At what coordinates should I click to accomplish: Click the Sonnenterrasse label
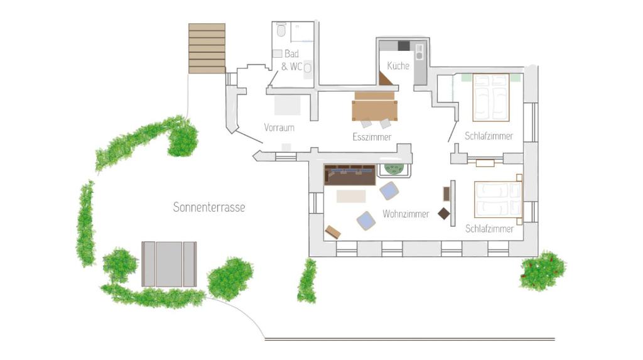[x=209, y=207]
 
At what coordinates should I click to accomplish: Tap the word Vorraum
[x=279, y=128]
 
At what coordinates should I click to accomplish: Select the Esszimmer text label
[x=372, y=137]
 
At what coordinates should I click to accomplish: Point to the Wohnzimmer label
[x=406, y=214]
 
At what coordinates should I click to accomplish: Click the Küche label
[x=398, y=66]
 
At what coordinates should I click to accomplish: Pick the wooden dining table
[x=374, y=106]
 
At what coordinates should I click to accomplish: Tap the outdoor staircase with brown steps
[x=207, y=48]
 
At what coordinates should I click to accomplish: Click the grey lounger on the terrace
[x=169, y=264]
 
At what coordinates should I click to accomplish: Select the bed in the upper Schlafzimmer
[x=491, y=98]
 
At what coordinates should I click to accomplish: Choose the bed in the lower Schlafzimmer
[x=498, y=200]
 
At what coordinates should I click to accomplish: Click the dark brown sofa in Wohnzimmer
[x=350, y=175]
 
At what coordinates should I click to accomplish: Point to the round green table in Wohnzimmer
[x=394, y=169]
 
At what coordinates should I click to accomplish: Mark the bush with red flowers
[x=543, y=271]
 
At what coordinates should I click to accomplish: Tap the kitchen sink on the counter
[x=419, y=52]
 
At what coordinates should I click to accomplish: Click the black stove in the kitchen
[x=404, y=46]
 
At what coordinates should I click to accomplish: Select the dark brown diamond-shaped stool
[x=444, y=214]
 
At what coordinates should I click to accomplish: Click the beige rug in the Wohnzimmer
[x=351, y=196]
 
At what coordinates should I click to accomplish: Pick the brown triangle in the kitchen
[x=386, y=79]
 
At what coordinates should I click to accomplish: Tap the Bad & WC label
[x=291, y=60]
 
